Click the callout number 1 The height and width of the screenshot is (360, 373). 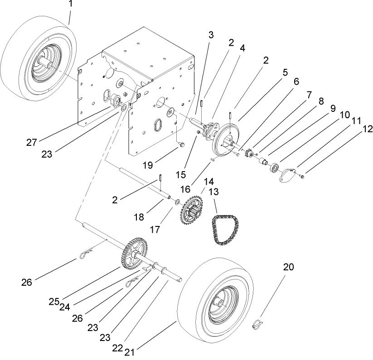point(70,5)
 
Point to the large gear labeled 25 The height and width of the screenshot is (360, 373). point(135,254)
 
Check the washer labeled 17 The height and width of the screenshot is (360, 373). point(177,201)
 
